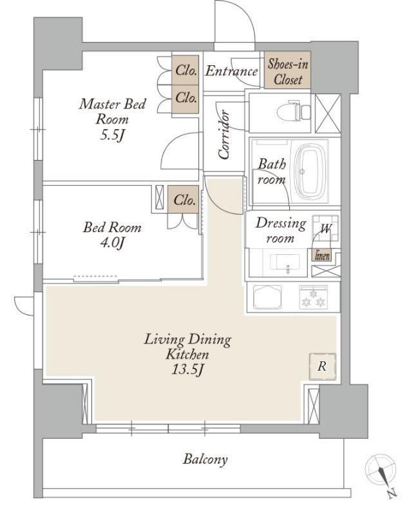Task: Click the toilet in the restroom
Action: click(295, 110)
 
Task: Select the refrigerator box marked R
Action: click(323, 366)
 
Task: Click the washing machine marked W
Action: click(325, 228)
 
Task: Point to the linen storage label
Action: click(323, 256)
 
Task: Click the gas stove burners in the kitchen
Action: click(313, 298)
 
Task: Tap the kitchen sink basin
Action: click(267, 298)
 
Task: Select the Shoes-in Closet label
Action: click(288, 71)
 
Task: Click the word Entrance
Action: click(231, 71)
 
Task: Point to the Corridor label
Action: click(223, 134)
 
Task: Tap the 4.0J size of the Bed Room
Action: click(112, 243)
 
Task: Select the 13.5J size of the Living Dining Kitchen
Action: click(187, 370)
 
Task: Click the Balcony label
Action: click(205, 459)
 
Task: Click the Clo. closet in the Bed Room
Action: click(184, 201)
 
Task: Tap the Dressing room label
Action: click(281, 230)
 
